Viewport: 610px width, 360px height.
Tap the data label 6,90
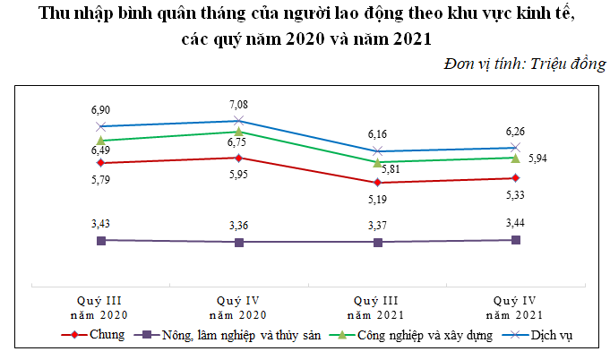(101, 109)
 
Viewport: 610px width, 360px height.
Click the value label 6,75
(238, 141)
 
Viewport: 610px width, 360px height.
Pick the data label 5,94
(538, 159)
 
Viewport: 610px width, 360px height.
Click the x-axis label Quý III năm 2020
(101, 307)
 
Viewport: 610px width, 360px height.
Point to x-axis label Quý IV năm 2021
(515, 307)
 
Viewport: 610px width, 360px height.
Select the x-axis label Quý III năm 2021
(377, 307)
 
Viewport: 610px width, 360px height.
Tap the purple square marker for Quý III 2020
(101, 240)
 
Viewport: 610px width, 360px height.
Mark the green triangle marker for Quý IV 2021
(515, 158)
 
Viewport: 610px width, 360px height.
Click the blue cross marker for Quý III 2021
(377, 150)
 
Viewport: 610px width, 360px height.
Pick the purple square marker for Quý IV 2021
(515, 239)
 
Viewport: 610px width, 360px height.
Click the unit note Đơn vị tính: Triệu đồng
(524, 64)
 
